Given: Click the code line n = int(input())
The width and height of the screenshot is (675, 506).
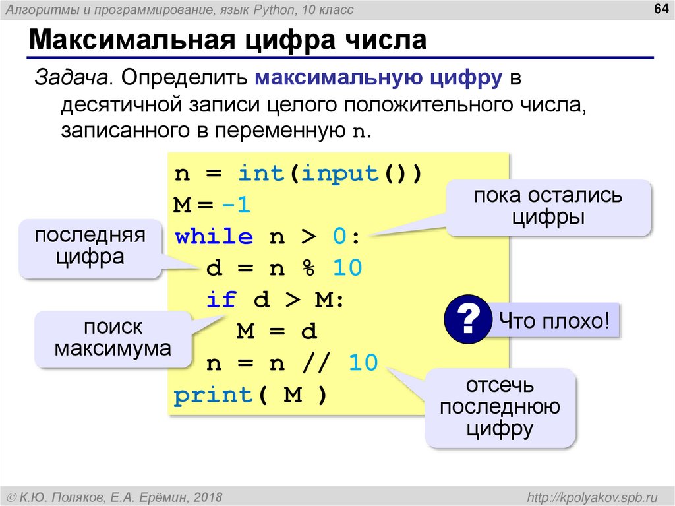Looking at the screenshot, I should [297, 174].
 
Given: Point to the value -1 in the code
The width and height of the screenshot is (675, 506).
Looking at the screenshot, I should [237, 205].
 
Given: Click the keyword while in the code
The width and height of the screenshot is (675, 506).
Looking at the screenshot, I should [214, 237].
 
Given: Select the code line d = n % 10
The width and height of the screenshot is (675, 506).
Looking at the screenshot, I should [284, 269].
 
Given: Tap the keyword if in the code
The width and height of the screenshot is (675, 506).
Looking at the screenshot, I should [221, 300].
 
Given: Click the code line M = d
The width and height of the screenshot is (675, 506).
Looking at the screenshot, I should [277, 331].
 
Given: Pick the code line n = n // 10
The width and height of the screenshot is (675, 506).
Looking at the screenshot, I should [292, 363].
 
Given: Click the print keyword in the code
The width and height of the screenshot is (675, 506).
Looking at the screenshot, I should [214, 395].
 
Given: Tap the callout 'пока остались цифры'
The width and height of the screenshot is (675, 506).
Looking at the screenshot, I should [548, 206].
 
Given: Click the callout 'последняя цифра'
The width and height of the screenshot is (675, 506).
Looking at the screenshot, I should [90, 247].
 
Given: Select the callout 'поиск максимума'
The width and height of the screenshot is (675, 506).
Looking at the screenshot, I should [112, 338].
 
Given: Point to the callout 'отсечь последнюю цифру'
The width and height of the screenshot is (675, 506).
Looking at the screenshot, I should [500, 407].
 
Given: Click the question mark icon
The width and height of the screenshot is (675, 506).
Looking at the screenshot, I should [467, 321].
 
